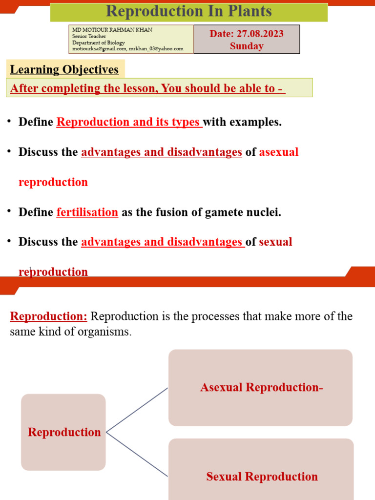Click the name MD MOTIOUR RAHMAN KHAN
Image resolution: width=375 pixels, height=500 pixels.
(x=112, y=30)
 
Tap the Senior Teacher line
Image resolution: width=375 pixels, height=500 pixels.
(x=89, y=36)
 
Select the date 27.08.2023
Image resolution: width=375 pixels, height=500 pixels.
(x=259, y=34)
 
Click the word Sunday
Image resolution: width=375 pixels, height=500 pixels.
(x=247, y=46)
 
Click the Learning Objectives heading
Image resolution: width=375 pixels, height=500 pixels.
(x=64, y=69)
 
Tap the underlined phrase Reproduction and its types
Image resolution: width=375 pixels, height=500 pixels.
(x=129, y=122)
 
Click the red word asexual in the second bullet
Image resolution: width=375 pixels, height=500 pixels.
(x=278, y=152)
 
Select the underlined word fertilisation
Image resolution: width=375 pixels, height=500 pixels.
(x=87, y=212)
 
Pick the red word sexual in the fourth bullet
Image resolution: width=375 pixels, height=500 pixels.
(x=275, y=242)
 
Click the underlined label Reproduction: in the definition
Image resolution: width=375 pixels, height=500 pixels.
(x=48, y=316)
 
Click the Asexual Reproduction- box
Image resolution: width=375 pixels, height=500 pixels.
(x=261, y=388)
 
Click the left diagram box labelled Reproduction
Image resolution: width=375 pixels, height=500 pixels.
(x=63, y=432)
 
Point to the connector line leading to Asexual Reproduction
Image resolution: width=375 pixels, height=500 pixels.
(x=137, y=410)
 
